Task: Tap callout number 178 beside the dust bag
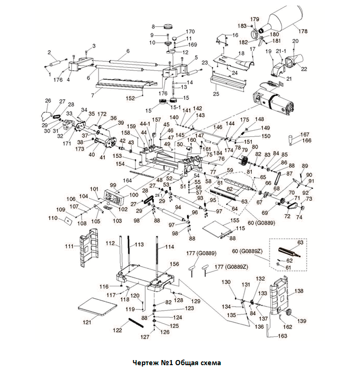coord(303,31)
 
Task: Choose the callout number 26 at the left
coord(48,101)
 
